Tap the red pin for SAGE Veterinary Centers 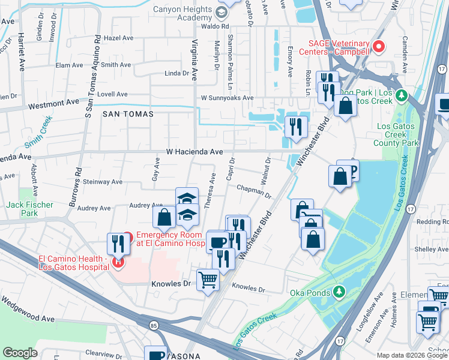[379, 46]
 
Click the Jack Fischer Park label [31, 209]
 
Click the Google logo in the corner [20, 353]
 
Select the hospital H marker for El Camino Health [119, 262]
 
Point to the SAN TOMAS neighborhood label [128, 113]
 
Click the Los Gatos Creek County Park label [396, 135]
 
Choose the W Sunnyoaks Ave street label [227, 98]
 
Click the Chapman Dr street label [255, 191]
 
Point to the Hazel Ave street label [118, 37]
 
